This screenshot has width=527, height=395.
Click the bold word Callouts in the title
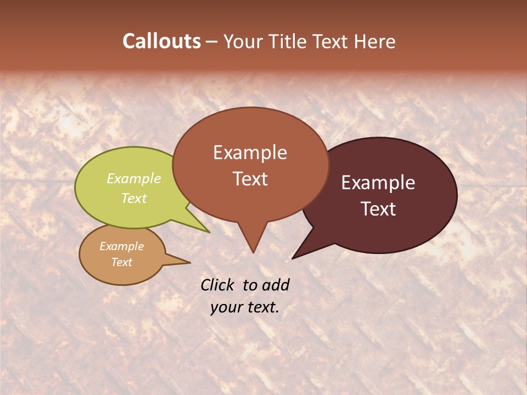[161, 41]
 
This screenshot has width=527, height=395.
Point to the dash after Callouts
[212, 42]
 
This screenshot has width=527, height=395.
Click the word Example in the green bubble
[133, 178]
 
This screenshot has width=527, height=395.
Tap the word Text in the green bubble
[133, 198]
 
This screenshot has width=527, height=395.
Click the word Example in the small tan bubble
[121, 246]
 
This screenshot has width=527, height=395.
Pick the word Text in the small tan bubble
[121, 262]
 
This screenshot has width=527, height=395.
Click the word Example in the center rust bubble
[250, 153]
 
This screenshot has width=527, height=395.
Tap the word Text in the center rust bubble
[250, 179]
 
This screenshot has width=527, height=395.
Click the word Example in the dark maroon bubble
[378, 183]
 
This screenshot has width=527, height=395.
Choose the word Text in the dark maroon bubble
[378, 209]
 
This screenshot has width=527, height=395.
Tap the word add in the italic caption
[276, 285]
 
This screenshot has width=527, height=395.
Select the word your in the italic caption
[226, 307]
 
